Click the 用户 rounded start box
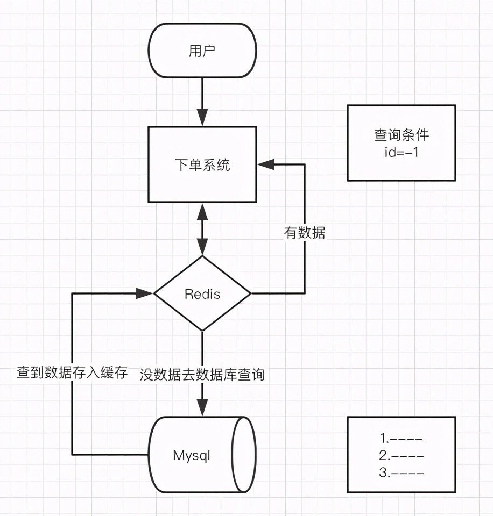point(202,51)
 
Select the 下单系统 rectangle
point(202,164)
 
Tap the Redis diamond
point(202,293)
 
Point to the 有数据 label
point(305,233)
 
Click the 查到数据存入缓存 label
point(72,372)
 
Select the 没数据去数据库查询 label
point(202,374)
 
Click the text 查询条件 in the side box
point(402,135)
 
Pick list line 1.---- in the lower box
point(401,438)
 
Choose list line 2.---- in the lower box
point(401,455)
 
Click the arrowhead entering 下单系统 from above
point(202,118)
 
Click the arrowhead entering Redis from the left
point(145,293)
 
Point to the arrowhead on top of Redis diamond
point(202,247)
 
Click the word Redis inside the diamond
point(202,294)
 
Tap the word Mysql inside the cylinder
point(191,456)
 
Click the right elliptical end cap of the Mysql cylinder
point(243,455)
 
